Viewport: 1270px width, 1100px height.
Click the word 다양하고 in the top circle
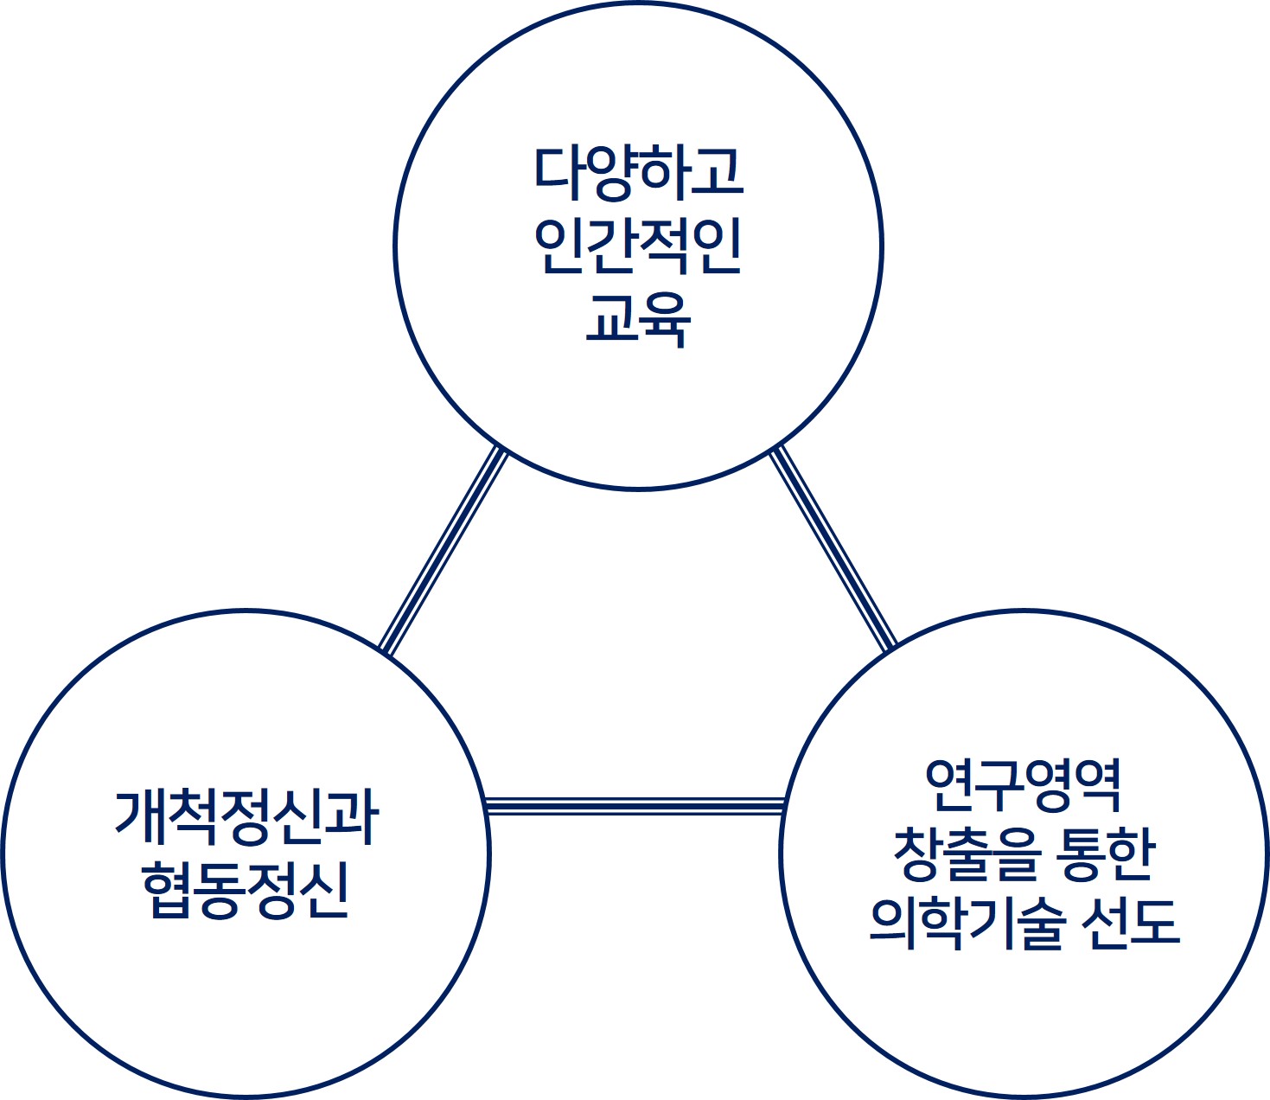pos(638,171)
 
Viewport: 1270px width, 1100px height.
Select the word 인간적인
pos(638,246)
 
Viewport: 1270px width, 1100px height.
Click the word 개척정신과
pos(246,817)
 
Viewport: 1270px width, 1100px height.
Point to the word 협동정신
pos(246,890)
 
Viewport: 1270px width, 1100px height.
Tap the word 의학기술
pos(965,923)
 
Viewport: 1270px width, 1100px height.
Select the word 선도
pos(1131,923)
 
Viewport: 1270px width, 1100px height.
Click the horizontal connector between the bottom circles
pos(635,806)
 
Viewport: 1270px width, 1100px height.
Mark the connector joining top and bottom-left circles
pos(443,550)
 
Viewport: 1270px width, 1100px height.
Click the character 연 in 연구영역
pos(949,784)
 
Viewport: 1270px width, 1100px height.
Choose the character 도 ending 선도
pos(1155,923)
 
